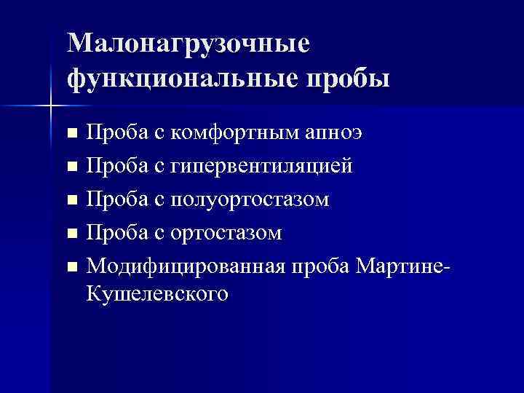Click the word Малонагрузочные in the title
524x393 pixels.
click(188, 43)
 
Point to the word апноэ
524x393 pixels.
click(337, 132)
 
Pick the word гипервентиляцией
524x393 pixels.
click(263, 166)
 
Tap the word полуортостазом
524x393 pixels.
click(251, 199)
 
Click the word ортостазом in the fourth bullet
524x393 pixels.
click(226, 233)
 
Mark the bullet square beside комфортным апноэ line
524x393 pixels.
click(71, 134)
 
